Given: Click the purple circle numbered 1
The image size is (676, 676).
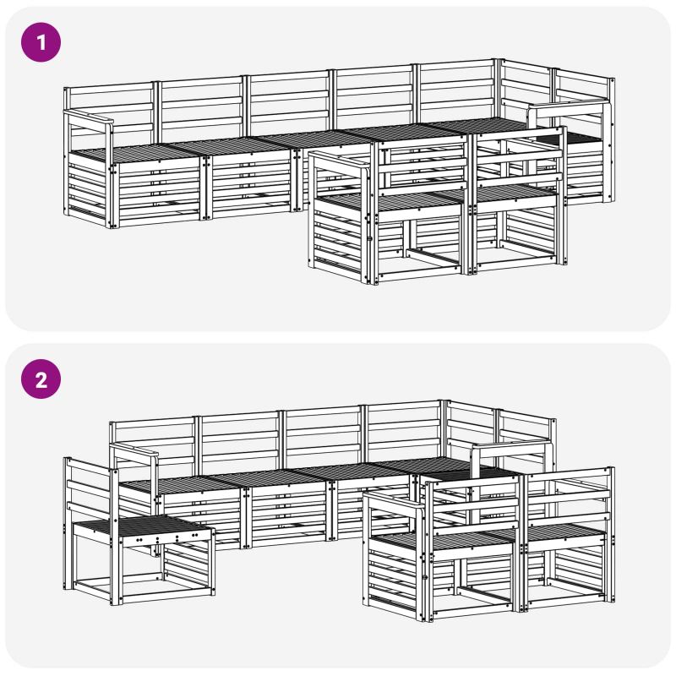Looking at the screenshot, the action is (41, 42).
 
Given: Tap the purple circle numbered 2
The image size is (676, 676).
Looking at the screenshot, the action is (41, 379).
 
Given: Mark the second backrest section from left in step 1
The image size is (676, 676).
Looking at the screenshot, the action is (201, 102).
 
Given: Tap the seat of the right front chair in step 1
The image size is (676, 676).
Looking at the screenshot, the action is (513, 193).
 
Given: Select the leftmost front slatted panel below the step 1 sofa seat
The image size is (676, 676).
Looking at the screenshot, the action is (158, 193).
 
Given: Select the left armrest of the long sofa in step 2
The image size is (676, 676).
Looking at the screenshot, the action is (134, 450).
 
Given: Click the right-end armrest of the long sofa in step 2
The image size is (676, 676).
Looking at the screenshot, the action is (512, 446).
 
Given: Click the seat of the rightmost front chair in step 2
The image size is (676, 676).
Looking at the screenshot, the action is (564, 532).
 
